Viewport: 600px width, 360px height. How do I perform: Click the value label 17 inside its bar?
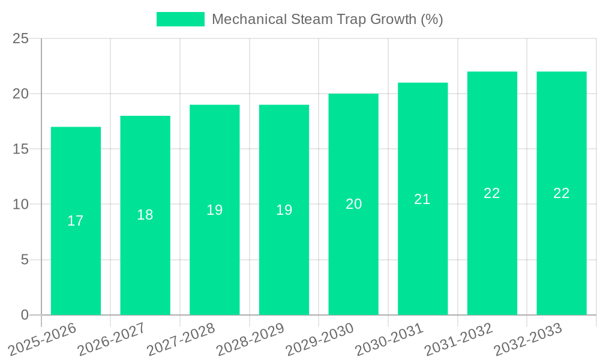click(x=76, y=221)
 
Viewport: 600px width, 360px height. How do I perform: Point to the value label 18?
click(x=145, y=215)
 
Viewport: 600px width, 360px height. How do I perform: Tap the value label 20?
click(x=353, y=204)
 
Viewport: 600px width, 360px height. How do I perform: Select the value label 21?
click(x=422, y=199)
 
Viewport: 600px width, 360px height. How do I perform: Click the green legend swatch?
click(x=180, y=19)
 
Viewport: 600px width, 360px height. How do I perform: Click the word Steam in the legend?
click(x=309, y=19)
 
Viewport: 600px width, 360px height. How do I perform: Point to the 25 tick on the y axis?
click(x=21, y=39)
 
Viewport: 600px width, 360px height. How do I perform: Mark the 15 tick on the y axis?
click(x=21, y=149)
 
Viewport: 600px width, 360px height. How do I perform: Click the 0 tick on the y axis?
click(x=25, y=315)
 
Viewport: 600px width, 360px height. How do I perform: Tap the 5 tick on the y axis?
click(x=25, y=260)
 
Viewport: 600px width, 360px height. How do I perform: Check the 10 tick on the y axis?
click(x=21, y=205)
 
